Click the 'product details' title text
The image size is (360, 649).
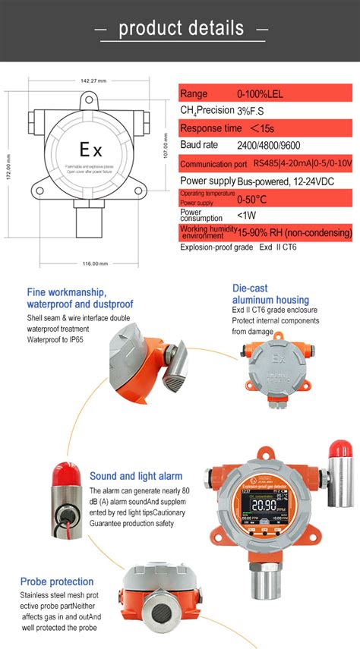pyautogui.click(x=182, y=29)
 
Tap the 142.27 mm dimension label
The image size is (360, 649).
pyautogui.click(x=93, y=80)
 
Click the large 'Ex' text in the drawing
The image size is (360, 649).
pyautogui.click(x=90, y=150)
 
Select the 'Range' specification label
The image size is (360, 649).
pyautogui.click(x=194, y=94)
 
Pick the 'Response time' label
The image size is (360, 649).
pyautogui.click(x=210, y=128)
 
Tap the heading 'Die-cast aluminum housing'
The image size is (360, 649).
pyautogui.click(x=270, y=294)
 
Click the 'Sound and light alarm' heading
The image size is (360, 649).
pyautogui.click(x=136, y=476)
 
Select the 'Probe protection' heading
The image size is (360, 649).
pyautogui.click(x=57, y=581)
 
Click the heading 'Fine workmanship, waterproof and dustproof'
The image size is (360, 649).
pyautogui.click(x=67, y=298)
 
